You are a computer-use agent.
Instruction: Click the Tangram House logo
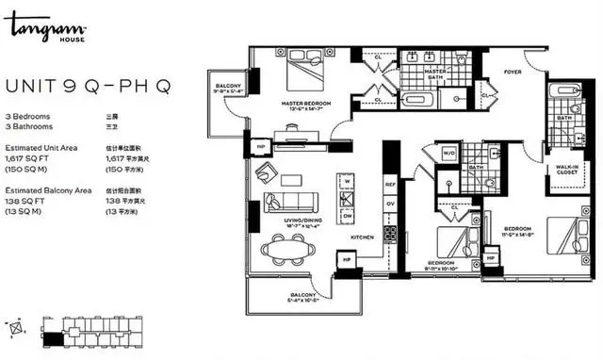coord(37,31)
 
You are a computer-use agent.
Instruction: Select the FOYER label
coord(511,70)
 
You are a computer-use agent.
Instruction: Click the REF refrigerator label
coord(389,185)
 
